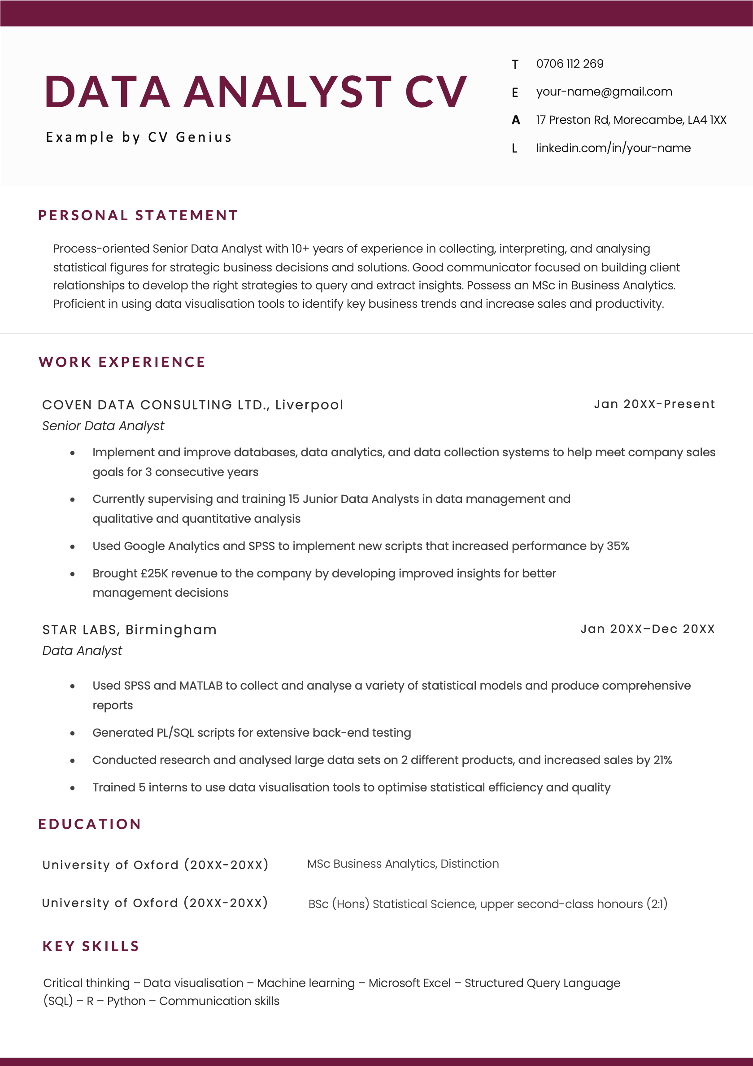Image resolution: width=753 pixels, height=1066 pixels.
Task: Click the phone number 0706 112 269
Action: tap(570, 64)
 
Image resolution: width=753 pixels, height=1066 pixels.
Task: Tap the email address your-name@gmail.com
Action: tap(604, 92)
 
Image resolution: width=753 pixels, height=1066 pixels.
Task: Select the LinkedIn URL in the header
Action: tap(613, 148)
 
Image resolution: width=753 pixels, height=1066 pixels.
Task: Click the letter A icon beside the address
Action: tap(515, 120)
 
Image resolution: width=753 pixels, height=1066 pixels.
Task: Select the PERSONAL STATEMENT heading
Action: tap(138, 215)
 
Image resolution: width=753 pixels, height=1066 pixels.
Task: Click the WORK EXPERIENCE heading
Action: tap(122, 362)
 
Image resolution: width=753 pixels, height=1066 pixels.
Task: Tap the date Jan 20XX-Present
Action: tap(654, 404)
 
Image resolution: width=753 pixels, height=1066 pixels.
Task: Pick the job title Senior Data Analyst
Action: tap(103, 426)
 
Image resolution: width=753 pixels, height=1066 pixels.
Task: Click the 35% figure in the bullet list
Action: tap(618, 546)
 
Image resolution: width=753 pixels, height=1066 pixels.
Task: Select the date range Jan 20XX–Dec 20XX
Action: tap(647, 629)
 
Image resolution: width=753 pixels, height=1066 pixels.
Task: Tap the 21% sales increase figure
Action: tap(662, 760)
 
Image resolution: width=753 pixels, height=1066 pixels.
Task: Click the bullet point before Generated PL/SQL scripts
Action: tap(72, 734)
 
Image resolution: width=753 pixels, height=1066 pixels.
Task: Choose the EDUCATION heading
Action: tap(90, 824)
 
